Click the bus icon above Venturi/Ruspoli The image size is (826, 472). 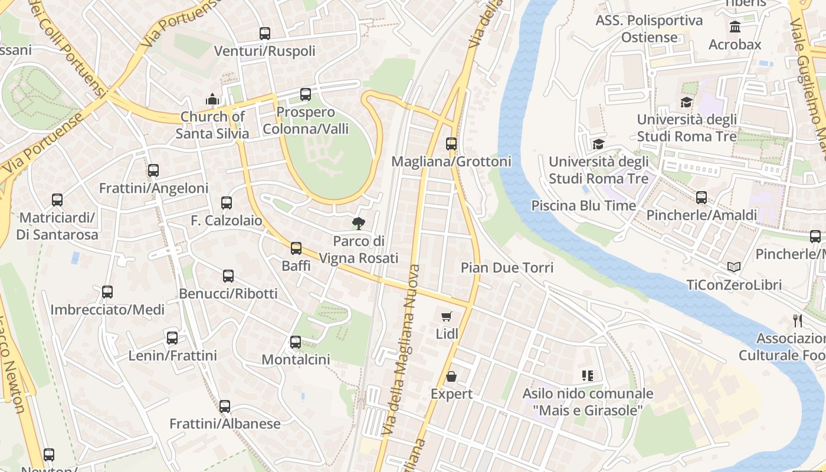tap(265, 34)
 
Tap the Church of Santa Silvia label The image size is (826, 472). tap(212, 125)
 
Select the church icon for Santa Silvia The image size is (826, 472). tap(212, 99)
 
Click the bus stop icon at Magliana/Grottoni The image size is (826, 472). tap(451, 143)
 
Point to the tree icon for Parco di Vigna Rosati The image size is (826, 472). tap(358, 223)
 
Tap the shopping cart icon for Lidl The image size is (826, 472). tap(447, 317)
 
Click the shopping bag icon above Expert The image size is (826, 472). tap(451, 376)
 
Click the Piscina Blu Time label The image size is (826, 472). tap(584, 206)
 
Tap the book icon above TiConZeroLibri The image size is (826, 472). tap(734, 267)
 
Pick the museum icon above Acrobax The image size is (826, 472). tap(735, 27)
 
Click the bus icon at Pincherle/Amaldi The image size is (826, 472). tap(702, 198)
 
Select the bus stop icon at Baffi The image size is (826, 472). tap(296, 248)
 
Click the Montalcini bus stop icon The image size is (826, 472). tap(296, 342)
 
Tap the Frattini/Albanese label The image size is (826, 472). tap(225, 424)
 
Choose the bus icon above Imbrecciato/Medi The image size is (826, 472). tap(107, 292)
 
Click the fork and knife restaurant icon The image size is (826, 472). tap(798, 320)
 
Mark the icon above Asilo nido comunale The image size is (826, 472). tap(587, 376)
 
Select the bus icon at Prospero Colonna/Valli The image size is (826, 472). tap(306, 94)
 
